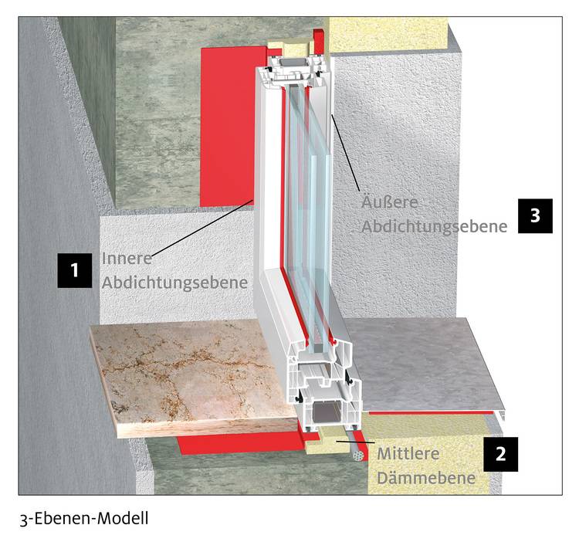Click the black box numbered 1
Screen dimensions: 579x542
[75, 270]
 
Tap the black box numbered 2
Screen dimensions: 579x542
[501, 454]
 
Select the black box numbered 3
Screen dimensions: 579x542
[536, 215]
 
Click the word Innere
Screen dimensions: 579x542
[127, 259]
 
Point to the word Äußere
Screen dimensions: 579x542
[390, 202]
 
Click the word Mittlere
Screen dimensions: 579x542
[408, 454]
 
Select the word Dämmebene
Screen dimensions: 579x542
[426, 478]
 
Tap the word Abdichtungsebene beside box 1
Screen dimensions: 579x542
[174, 283]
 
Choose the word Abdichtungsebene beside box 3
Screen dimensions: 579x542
[434, 227]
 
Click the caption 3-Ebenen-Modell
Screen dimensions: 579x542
[84, 519]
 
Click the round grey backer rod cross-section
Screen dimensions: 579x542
[357, 456]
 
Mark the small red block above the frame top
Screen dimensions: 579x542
[318, 42]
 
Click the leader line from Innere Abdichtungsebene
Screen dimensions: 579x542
[203, 227]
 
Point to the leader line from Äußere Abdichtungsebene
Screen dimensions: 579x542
[345, 153]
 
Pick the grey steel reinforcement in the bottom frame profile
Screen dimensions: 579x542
[324, 415]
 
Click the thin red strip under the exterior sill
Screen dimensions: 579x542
[431, 413]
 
